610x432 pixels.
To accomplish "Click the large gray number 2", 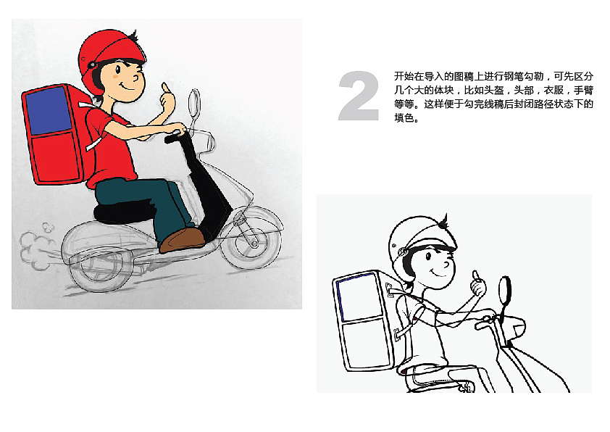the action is click(359, 96).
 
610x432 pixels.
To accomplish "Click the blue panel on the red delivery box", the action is click(49, 110).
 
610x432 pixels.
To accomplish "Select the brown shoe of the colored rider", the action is click(183, 240).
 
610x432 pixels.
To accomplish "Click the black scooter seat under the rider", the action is click(122, 212).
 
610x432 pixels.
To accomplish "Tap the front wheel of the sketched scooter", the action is click(252, 238).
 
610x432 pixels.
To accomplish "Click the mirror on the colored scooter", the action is click(194, 102).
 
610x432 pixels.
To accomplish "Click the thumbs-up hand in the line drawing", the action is click(478, 285).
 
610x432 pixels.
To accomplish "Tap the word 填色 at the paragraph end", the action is click(404, 117).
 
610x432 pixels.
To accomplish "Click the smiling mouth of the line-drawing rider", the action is click(440, 272).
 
